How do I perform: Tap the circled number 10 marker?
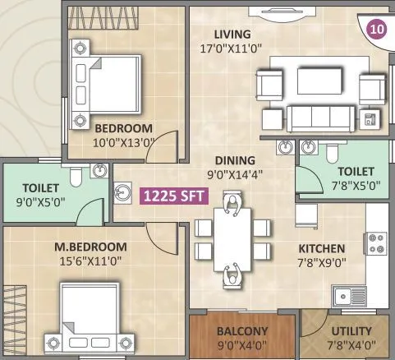click(x=376, y=29)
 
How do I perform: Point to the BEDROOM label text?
click(x=123, y=128)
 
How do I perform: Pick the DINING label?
click(x=235, y=160)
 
